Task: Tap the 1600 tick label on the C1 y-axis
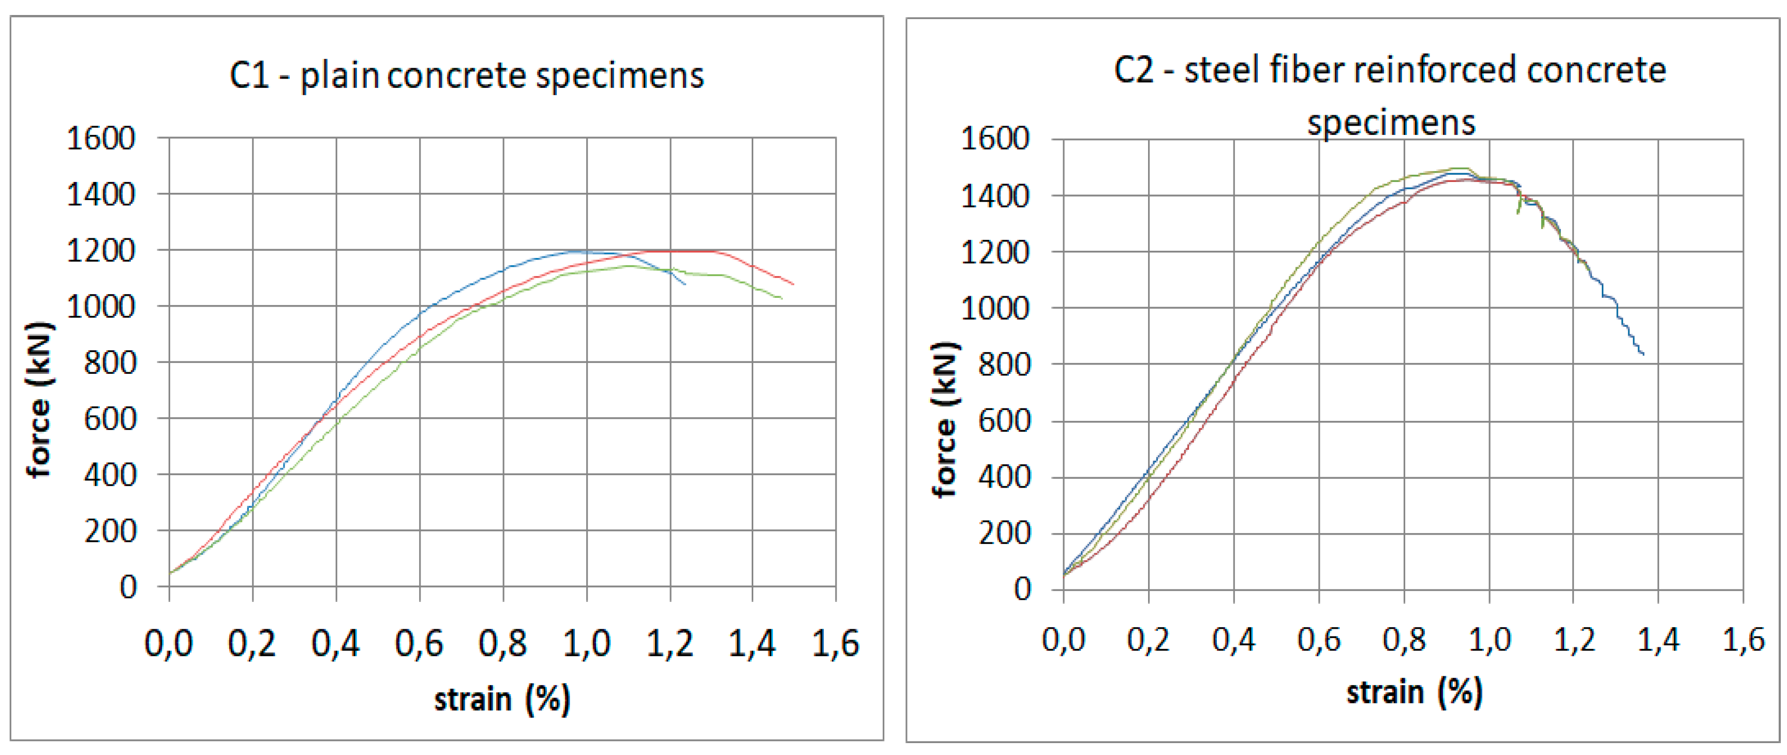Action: click(x=100, y=138)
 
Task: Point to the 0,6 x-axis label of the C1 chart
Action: click(x=419, y=643)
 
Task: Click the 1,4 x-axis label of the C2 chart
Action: click(x=1658, y=639)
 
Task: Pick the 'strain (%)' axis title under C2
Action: click(x=1414, y=692)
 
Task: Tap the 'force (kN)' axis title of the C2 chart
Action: click(x=945, y=419)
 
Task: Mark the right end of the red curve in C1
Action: click(x=793, y=283)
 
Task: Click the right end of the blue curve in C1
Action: click(x=684, y=283)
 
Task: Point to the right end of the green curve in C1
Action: click(x=781, y=298)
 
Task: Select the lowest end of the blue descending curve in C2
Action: click(x=1643, y=354)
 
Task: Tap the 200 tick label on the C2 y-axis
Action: click(x=1004, y=533)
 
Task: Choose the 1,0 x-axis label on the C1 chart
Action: click(x=586, y=643)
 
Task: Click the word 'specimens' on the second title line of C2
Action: click(x=1391, y=123)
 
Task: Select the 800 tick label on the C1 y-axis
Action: click(x=110, y=362)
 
